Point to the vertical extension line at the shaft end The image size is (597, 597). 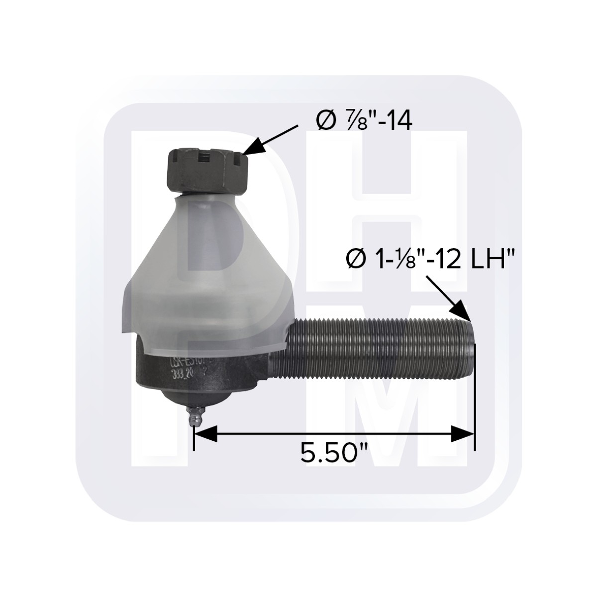475,398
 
